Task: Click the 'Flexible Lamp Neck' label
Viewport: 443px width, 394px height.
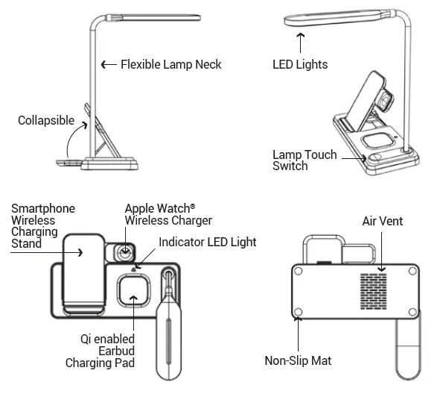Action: (170, 65)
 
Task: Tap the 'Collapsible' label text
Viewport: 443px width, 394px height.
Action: (46, 120)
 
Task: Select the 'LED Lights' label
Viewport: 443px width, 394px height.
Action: (300, 65)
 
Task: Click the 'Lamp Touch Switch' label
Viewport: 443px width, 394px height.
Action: (304, 160)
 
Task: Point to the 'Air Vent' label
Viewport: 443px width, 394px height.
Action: (382, 222)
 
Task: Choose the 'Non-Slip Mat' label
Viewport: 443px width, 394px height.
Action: (298, 361)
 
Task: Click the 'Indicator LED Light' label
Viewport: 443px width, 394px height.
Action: (207, 242)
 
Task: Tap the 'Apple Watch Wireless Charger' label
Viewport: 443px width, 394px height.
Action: (168, 215)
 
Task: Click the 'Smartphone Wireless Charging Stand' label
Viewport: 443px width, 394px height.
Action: (42, 226)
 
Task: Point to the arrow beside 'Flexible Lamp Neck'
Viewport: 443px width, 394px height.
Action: (108, 65)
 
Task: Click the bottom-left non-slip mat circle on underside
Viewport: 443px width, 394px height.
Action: (298, 312)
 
